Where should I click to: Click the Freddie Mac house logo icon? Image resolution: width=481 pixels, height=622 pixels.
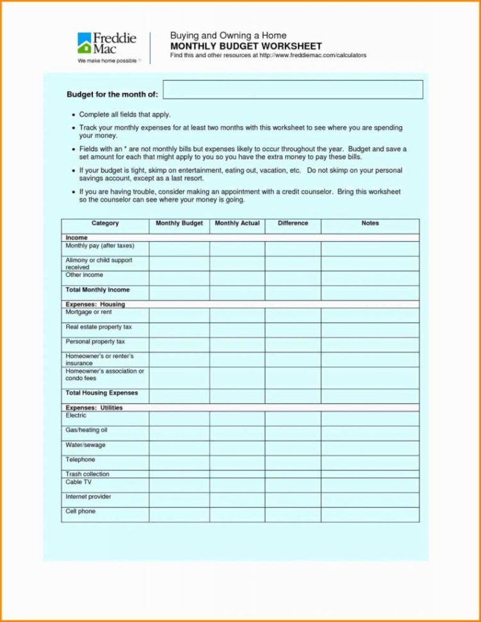84,44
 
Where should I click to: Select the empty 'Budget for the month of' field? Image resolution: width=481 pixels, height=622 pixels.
293,90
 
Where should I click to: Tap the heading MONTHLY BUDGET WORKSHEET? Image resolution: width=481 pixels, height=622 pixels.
246,47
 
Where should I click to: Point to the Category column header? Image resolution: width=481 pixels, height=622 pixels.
105,224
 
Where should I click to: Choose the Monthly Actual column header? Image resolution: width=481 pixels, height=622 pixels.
237,224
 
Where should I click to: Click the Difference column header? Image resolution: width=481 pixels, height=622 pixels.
293,224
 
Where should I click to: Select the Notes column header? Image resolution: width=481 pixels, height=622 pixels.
370,224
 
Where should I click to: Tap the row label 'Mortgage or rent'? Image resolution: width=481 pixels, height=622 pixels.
89,312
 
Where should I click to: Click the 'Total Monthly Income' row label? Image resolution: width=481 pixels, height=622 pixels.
97,290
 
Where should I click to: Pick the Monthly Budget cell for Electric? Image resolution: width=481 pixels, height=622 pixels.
179,419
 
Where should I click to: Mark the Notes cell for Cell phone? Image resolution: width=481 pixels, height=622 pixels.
370,514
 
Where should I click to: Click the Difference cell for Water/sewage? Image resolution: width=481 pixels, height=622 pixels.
293,448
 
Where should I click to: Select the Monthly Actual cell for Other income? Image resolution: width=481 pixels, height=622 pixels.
237,278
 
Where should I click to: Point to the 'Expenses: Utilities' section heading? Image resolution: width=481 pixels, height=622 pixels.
94,408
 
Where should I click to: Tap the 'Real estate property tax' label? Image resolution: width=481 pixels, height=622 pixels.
99,327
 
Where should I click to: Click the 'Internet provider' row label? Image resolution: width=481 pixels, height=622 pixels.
89,497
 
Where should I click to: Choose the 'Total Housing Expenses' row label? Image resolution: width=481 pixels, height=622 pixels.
101,393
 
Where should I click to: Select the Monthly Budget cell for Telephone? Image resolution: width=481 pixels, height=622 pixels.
179,463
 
